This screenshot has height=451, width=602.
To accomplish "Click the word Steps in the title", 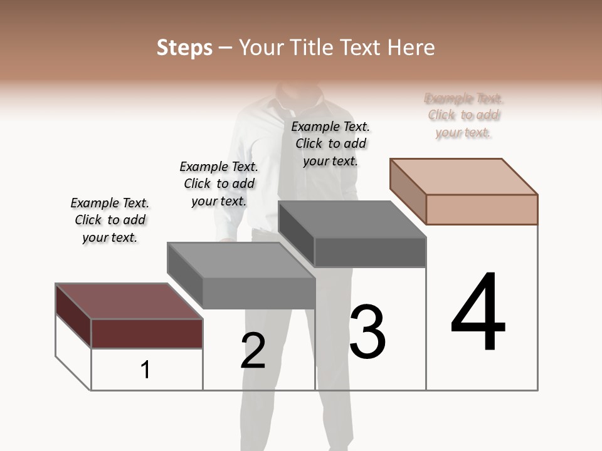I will coord(184,48).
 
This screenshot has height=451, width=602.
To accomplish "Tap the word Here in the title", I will coord(411,48).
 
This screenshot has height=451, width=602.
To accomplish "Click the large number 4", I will coord(478,313).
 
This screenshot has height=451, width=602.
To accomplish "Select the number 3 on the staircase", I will coord(367,332).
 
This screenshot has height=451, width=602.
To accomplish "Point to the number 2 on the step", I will coord(253,351).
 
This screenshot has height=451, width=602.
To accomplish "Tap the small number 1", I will coord(145,370).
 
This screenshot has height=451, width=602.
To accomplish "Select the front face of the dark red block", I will coord(147,333).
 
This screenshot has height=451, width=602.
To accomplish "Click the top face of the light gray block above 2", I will coord(241,260).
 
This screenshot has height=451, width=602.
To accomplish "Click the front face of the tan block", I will coord(482,209).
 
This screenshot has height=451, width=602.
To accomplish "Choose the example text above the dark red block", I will coord(110,220).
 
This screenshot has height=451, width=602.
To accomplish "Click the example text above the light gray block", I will coord(219,184).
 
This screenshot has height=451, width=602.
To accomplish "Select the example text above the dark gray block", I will coord(330,143).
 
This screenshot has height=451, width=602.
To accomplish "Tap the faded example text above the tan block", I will coord(463,115).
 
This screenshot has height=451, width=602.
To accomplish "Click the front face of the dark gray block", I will coord(370,252).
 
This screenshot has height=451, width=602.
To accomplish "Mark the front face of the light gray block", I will coord(258,293).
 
